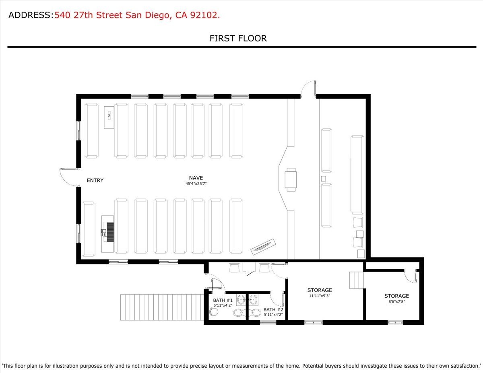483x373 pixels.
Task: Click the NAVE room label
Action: [196, 178]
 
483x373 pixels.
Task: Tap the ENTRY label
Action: [95, 180]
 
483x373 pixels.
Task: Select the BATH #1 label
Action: [223, 300]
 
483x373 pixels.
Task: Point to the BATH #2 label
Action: [273, 309]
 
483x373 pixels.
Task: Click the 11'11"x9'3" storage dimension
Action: [320, 296]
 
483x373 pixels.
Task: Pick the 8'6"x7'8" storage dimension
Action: [397, 302]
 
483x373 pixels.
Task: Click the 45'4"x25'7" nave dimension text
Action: [196, 183]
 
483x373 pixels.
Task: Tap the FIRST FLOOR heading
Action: [238, 39]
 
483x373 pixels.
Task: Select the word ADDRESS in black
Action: [29, 15]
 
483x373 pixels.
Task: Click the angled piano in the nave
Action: [263, 247]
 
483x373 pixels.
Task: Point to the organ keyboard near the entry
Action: [107, 234]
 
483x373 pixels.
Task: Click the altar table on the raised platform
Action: [291, 179]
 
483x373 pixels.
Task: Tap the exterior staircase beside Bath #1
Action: [162, 307]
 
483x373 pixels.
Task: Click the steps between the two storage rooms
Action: [356, 280]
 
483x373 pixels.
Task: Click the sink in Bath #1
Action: [241, 300]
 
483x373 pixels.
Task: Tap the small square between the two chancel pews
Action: [323, 178]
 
